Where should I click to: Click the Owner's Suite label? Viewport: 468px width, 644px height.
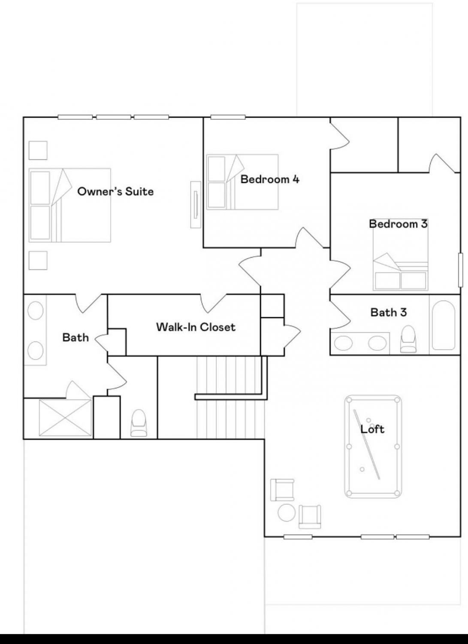pyautogui.click(x=115, y=191)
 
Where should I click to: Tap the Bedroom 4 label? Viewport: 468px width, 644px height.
pyautogui.click(x=270, y=179)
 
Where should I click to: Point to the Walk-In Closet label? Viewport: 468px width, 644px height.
pyautogui.click(x=196, y=327)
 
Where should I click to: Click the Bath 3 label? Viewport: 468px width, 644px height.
pyautogui.click(x=389, y=312)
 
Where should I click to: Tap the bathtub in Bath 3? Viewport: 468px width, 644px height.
pyautogui.click(x=444, y=325)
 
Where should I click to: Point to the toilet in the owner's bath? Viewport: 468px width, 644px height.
pyautogui.click(x=139, y=423)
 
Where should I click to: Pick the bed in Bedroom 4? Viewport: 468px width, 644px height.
pyautogui.click(x=242, y=182)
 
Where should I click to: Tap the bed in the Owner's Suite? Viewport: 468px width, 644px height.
pyautogui.click(x=70, y=205)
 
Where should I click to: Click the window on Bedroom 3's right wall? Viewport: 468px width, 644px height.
pyautogui.click(x=461, y=270)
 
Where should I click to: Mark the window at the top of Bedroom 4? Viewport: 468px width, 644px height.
pyautogui.click(x=228, y=117)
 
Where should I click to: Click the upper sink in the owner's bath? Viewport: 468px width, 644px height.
pyautogui.click(x=35, y=310)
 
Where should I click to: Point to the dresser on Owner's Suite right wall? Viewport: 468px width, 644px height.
pyautogui.click(x=196, y=205)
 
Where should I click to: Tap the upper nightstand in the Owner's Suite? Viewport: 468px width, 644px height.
pyautogui.click(x=38, y=150)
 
